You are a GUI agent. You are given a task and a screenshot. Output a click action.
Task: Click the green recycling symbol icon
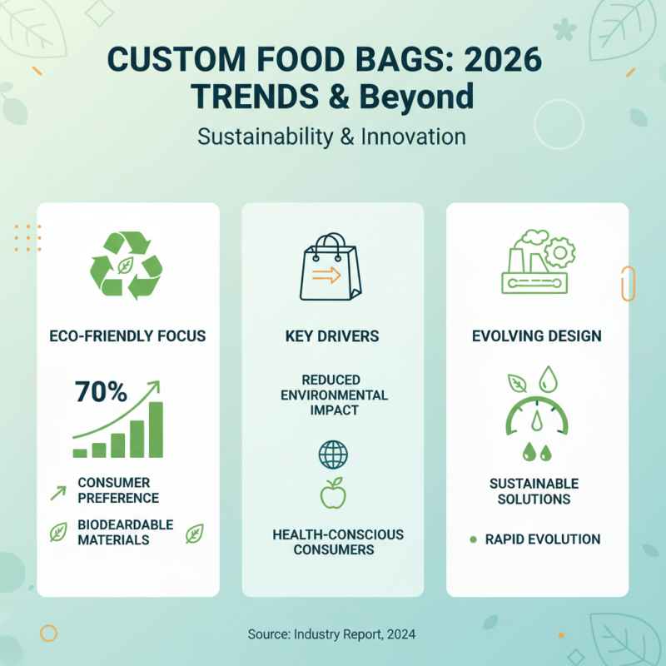126,266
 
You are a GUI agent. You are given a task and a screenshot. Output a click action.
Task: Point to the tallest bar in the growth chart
156,430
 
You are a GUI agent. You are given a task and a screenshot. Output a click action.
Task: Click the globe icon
333,455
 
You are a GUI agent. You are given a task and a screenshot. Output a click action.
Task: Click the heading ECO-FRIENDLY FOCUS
127,336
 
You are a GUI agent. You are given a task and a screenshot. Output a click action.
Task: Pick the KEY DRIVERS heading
332,336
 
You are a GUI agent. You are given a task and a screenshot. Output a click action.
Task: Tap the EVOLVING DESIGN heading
537,336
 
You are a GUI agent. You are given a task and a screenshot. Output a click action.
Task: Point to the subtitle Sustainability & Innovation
331,136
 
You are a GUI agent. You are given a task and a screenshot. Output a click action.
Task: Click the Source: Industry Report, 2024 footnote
331,634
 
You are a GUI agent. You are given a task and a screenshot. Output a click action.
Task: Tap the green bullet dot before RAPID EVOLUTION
473,539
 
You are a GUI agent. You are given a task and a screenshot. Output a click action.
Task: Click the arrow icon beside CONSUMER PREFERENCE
58,492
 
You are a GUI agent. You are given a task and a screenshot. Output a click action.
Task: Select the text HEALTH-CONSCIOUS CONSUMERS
338,542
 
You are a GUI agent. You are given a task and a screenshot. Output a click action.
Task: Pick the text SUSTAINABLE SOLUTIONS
534,491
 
